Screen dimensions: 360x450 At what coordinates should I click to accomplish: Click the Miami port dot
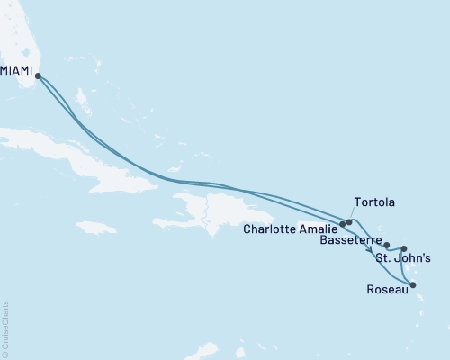37,76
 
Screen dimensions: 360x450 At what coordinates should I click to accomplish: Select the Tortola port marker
349,220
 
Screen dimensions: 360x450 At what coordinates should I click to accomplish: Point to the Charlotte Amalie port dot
343,223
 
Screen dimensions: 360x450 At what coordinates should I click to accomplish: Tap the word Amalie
318,229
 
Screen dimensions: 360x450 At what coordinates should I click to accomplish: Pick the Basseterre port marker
387,245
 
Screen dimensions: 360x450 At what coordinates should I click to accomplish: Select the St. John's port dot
404,248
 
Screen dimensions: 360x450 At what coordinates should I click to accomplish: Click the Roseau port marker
413,285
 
